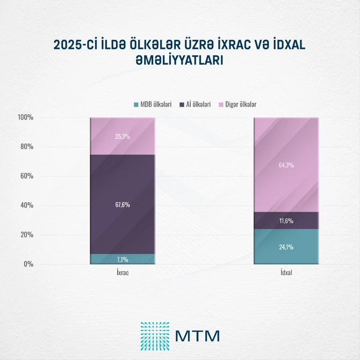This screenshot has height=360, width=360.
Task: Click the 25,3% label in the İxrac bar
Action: click(123, 136)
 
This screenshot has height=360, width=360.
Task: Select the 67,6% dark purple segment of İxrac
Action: click(123, 205)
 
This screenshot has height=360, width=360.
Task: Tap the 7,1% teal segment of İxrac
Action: click(123, 259)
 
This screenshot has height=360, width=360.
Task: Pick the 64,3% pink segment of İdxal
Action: click(286, 165)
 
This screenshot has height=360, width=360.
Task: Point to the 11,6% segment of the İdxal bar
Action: click(286, 221)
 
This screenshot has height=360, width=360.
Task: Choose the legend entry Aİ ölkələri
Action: click(198, 104)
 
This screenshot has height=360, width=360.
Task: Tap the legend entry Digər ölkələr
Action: click(236, 104)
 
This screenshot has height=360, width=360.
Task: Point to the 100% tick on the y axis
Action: click(25, 117)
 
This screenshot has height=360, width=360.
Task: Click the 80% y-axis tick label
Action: click(26, 147)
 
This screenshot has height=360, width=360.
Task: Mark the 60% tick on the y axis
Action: click(26, 176)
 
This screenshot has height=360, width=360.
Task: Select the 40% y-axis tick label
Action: click(26, 205)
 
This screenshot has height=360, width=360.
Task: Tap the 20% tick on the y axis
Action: click(26, 235)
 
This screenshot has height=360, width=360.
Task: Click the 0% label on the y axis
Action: click(28, 264)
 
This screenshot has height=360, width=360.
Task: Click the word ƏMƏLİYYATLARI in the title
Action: click(180, 61)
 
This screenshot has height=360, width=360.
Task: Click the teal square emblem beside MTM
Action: click(155, 335)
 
